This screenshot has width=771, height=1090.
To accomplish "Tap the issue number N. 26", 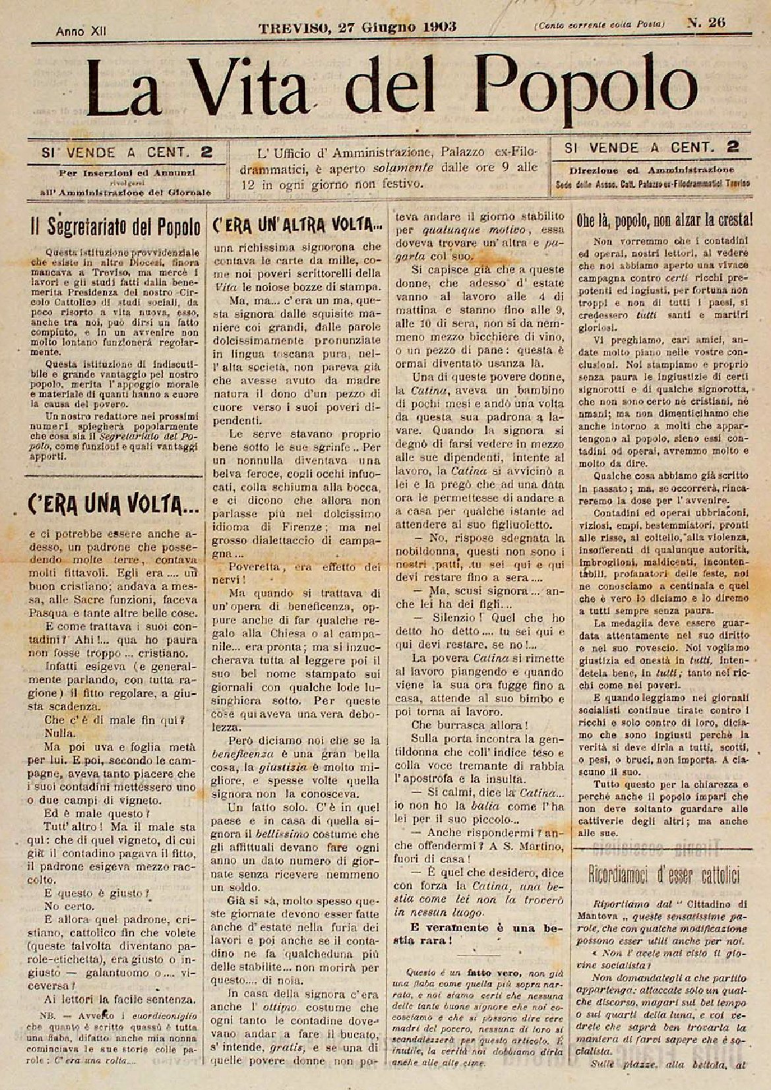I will click(707, 23).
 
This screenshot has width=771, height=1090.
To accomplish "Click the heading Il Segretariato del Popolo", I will click(115, 227).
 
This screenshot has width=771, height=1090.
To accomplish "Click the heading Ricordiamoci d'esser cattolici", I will click(664, 875).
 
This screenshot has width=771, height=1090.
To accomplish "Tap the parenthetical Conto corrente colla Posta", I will click(600, 24).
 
